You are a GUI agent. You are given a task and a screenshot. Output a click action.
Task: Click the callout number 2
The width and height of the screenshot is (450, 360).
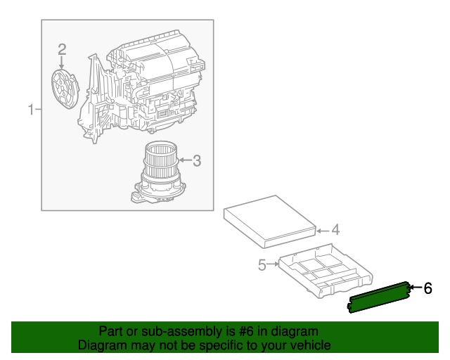pyautogui.click(x=62, y=49)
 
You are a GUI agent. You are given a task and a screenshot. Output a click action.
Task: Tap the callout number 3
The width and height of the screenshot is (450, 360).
pyautogui.click(x=197, y=161)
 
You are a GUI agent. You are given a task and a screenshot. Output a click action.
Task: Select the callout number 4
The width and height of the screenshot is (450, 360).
pyautogui.click(x=335, y=229)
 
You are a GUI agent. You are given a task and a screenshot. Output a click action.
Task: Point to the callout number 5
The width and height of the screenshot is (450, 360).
pyautogui.click(x=262, y=265)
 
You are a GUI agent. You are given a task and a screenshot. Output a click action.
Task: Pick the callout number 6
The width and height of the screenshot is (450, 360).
pyautogui.click(x=427, y=288)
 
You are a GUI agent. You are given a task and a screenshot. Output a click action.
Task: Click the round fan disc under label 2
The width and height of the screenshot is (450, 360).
pyautogui.click(x=65, y=88)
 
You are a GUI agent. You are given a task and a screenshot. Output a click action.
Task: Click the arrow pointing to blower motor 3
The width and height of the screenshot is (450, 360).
pyautogui.click(x=182, y=161)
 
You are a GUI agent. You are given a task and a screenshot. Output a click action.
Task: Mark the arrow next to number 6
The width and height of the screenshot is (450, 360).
pyautogui.click(x=415, y=288)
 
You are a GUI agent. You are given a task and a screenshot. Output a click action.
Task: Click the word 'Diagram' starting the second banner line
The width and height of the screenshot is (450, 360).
pyautogui.click(x=100, y=345)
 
